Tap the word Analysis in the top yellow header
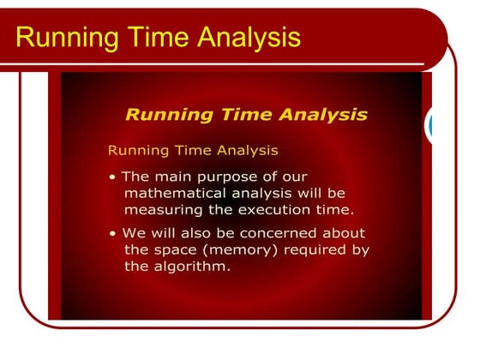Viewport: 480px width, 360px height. coord(248,37)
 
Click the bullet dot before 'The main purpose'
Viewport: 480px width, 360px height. coord(113,177)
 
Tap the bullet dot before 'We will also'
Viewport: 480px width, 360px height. coord(113,234)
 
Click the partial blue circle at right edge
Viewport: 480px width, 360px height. coord(429,126)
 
